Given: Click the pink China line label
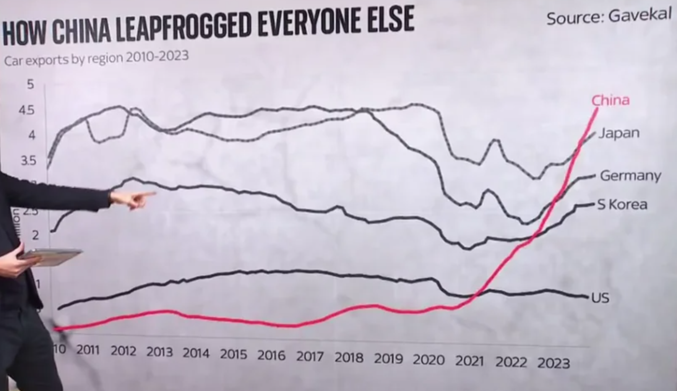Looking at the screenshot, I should click(610, 100).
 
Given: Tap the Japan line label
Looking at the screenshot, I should click(619, 133).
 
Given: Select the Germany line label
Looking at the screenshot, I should click(630, 175).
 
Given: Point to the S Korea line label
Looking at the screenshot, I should click(622, 204).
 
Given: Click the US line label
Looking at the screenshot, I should click(600, 298).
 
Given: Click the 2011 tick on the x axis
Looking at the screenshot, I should click(88, 349).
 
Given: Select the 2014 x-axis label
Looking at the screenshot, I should click(195, 353).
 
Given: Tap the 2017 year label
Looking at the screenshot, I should click(310, 356).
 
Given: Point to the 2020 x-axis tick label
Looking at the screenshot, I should click(428, 360).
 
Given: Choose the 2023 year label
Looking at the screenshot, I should click(553, 363).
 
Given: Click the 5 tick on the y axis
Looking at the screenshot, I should click(30, 84).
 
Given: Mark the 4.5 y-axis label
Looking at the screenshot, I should click(27, 110).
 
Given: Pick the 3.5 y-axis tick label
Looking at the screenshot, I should click(28, 161).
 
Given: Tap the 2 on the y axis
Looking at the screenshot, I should click(35, 235).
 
